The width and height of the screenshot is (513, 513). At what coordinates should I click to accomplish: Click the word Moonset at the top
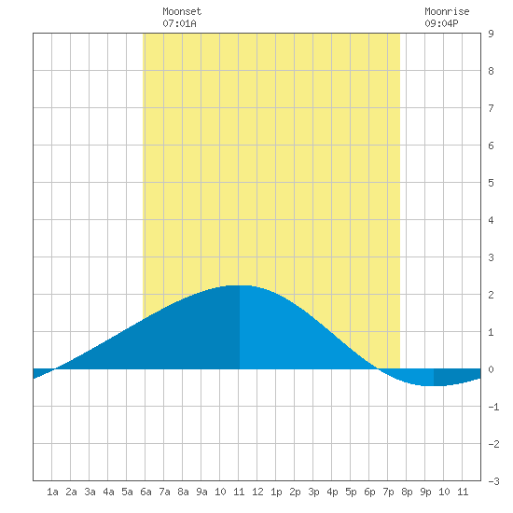point(182,11)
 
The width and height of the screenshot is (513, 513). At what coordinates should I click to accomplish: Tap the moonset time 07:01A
point(179,23)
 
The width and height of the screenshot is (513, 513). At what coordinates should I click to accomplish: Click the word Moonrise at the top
point(447,11)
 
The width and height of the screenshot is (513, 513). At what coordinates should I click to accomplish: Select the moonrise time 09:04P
point(441,23)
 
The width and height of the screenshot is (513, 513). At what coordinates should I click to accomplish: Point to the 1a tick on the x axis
point(52,492)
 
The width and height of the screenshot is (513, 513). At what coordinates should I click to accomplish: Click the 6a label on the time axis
point(146,492)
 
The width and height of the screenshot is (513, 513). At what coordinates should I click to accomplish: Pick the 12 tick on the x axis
point(257,492)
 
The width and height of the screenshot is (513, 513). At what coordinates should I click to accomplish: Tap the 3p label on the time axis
point(313,492)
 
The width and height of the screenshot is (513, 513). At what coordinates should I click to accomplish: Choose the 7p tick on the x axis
point(388,492)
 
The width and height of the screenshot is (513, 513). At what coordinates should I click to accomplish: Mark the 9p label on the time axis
point(425,492)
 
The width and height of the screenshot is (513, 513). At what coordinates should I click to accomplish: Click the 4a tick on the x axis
point(108,492)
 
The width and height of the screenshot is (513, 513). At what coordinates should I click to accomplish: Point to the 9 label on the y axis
point(491,34)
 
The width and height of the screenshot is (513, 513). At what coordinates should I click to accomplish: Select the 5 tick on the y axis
point(491,183)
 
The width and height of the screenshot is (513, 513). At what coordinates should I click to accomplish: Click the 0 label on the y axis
point(491,369)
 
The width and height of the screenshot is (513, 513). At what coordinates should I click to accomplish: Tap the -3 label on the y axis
point(493,481)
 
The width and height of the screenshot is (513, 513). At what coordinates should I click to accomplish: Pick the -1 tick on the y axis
point(493,407)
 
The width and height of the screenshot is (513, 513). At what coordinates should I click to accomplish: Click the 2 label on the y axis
point(491,295)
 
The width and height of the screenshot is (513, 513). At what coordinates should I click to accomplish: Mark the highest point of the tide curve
point(240,285)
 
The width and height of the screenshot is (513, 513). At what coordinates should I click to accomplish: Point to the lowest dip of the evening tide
point(433,386)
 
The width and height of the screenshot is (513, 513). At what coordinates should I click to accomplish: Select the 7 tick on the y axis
point(491,108)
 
